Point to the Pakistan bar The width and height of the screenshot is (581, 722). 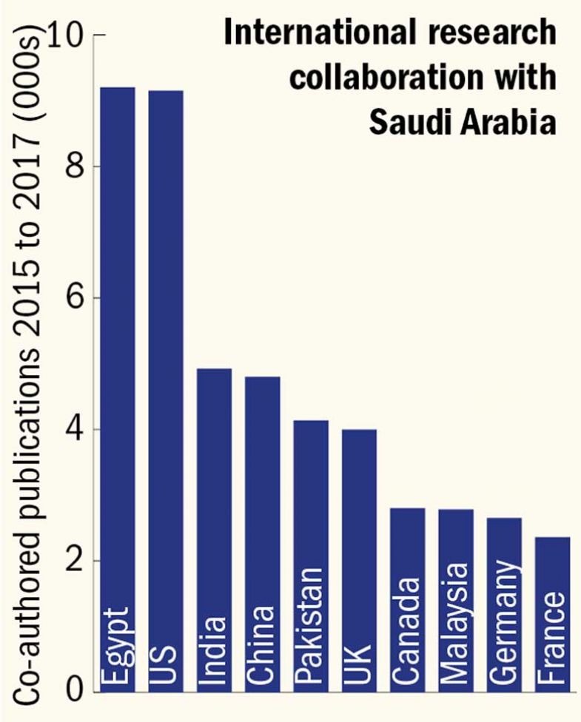[311, 556]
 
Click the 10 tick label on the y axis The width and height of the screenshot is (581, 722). [68, 36]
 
